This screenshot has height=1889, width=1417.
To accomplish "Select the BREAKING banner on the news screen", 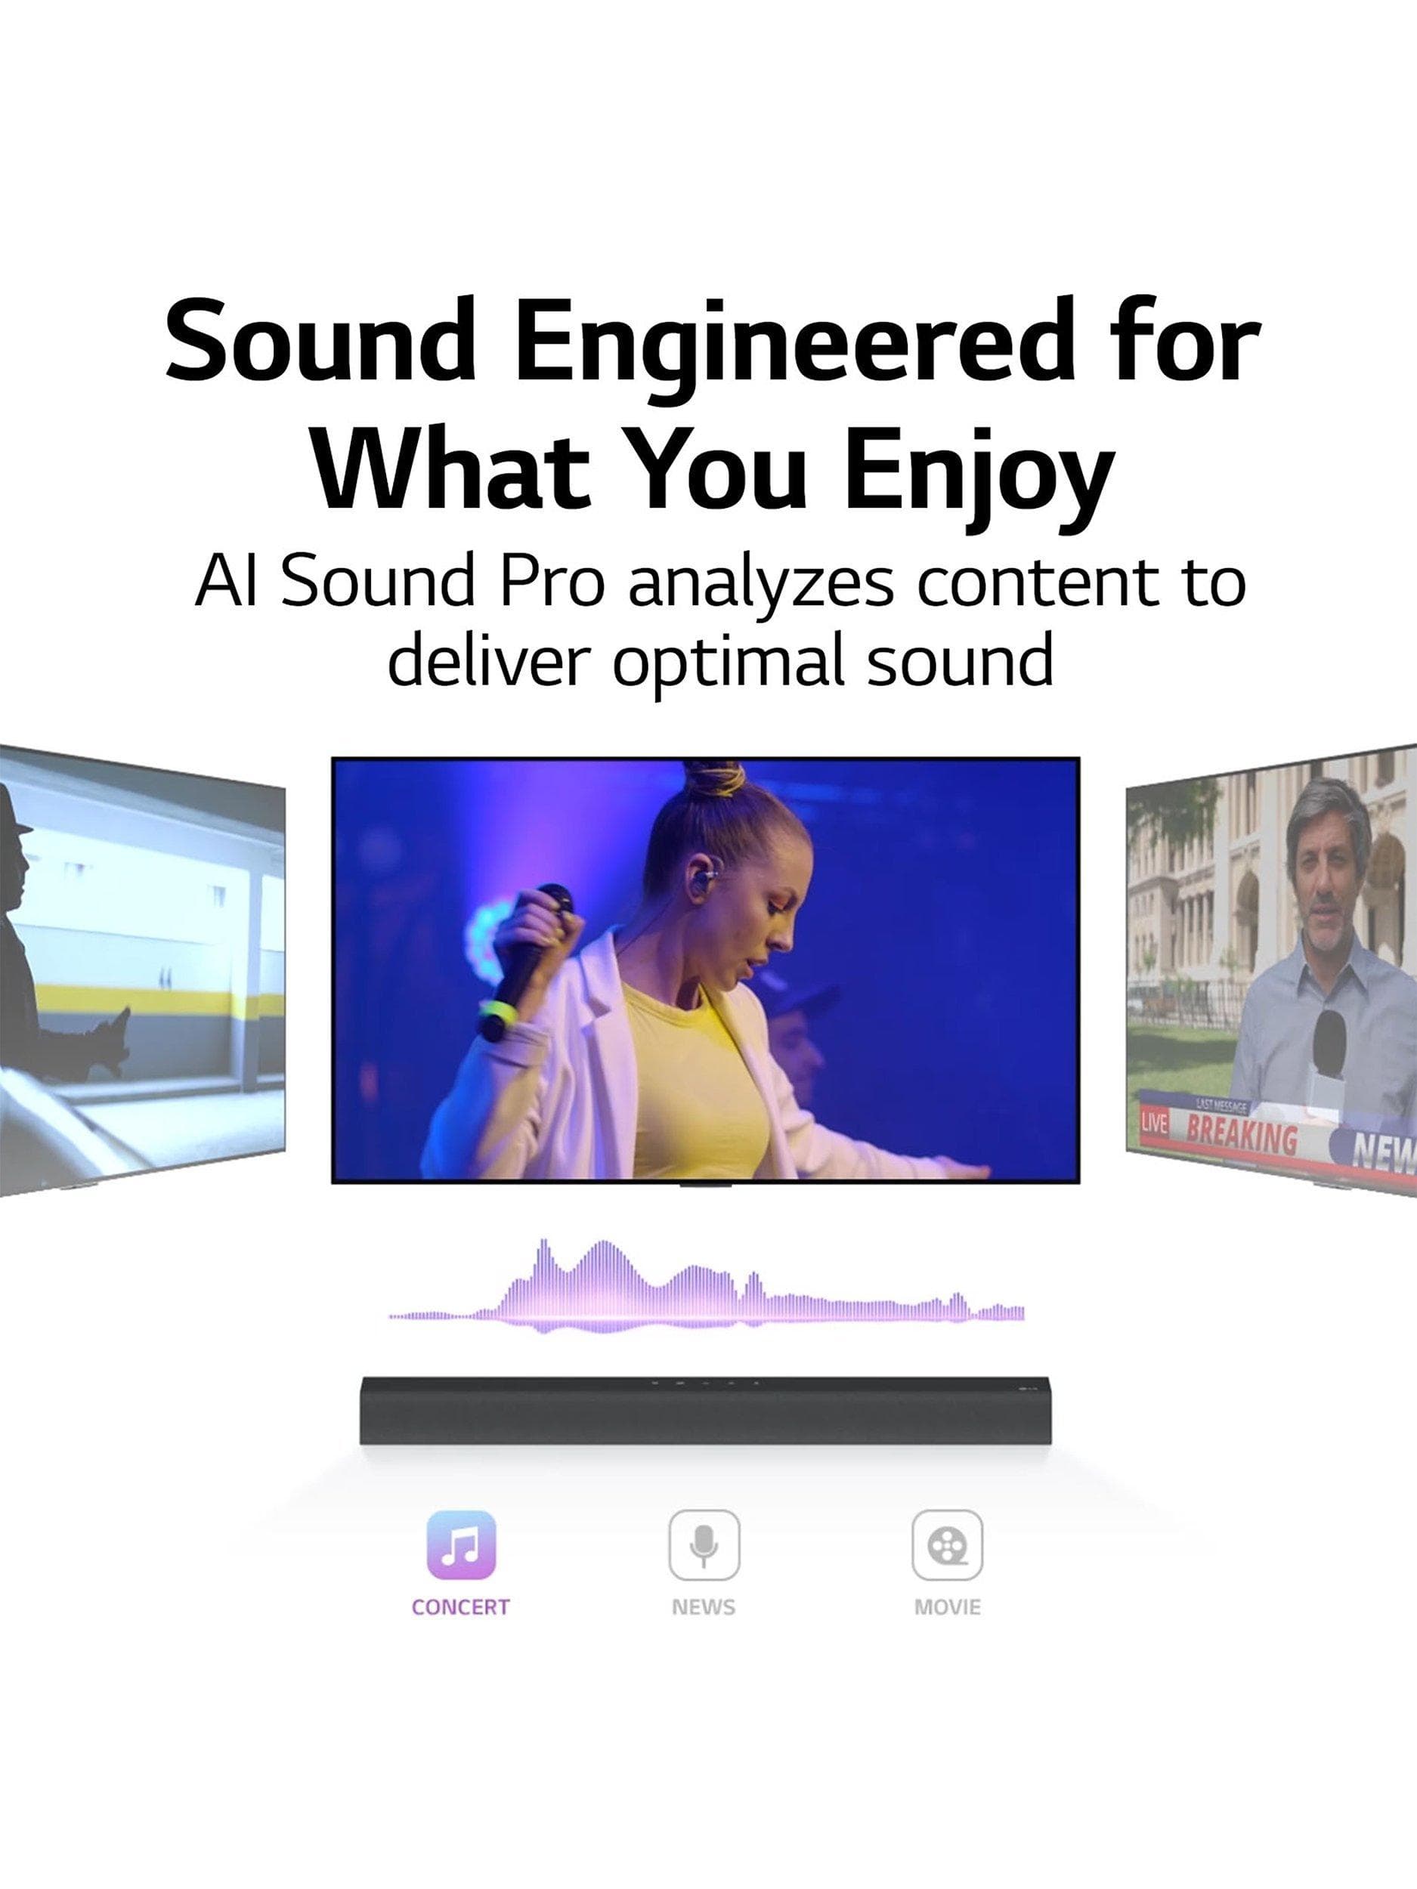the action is click(1241, 1136).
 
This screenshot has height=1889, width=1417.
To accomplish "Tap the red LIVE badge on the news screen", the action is click(1153, 1123).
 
